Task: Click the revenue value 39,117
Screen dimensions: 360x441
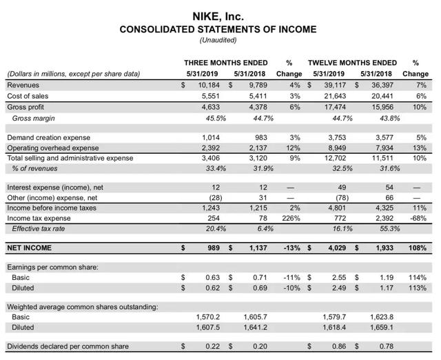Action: point(334,85)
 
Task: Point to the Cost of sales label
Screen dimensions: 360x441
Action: point(27,96)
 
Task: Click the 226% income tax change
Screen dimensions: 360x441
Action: point(292,217)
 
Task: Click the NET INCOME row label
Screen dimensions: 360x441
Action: point(29,247)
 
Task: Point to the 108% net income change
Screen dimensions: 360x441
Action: point(418,247)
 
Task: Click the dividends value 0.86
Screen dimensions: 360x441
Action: point(338,346)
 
